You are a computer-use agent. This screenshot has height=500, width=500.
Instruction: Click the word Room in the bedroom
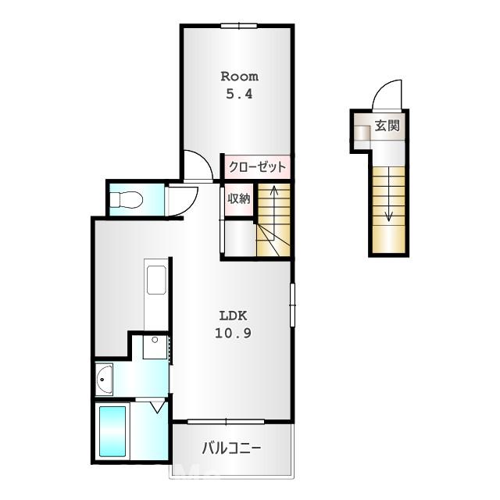pos(239,77)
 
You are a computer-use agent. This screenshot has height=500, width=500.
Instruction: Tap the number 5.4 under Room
pos(239,93)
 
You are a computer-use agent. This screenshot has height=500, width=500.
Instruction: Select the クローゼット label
pos(257,167)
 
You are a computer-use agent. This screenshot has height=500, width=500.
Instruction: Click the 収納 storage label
pos(238,198)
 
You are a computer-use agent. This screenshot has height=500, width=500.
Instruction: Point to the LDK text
pos(232,316)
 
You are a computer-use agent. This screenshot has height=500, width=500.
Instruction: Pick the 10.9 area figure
pos(232,332)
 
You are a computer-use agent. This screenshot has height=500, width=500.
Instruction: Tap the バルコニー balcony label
pos(231,448)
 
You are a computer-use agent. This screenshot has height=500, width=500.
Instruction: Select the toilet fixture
pos(124,201)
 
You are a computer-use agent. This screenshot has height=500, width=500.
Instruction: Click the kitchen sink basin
pos(155,280)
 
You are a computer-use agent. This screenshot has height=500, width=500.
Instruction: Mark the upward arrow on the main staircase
pos(273,189)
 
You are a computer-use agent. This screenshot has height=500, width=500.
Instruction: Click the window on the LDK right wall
pos(293,304)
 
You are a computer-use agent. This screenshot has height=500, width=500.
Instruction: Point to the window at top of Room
pos(238,26)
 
